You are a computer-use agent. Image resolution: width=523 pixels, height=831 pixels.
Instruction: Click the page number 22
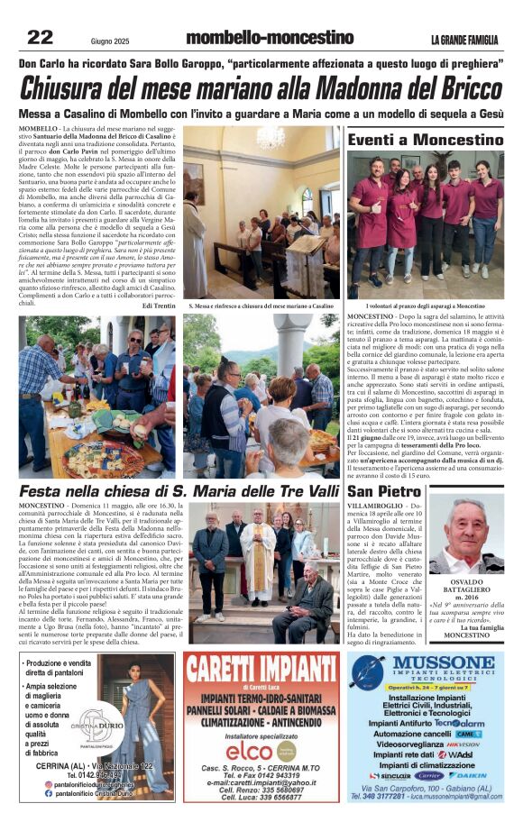point(40,37)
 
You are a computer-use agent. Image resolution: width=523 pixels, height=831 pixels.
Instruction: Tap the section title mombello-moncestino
point(269,38)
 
